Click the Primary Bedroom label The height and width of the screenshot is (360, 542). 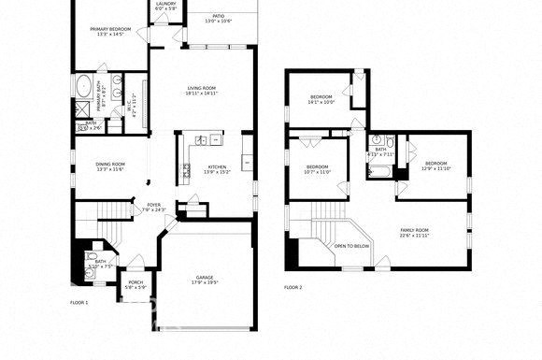click(x=111, y=30)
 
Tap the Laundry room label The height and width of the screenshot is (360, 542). click(x=165, y=4)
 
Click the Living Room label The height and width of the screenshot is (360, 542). click(x=201, y=89)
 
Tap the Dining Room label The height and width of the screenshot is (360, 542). click(x=110, y=165)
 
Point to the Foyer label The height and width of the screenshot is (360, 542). click(x=153, y=205)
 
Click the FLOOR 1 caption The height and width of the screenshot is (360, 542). click(x=79, y=302)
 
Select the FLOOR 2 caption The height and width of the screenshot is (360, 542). click(x=293, y=287)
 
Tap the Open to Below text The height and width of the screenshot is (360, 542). click(x=351, y=247)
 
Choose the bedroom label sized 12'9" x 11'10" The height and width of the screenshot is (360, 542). click(x=435, y=164)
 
